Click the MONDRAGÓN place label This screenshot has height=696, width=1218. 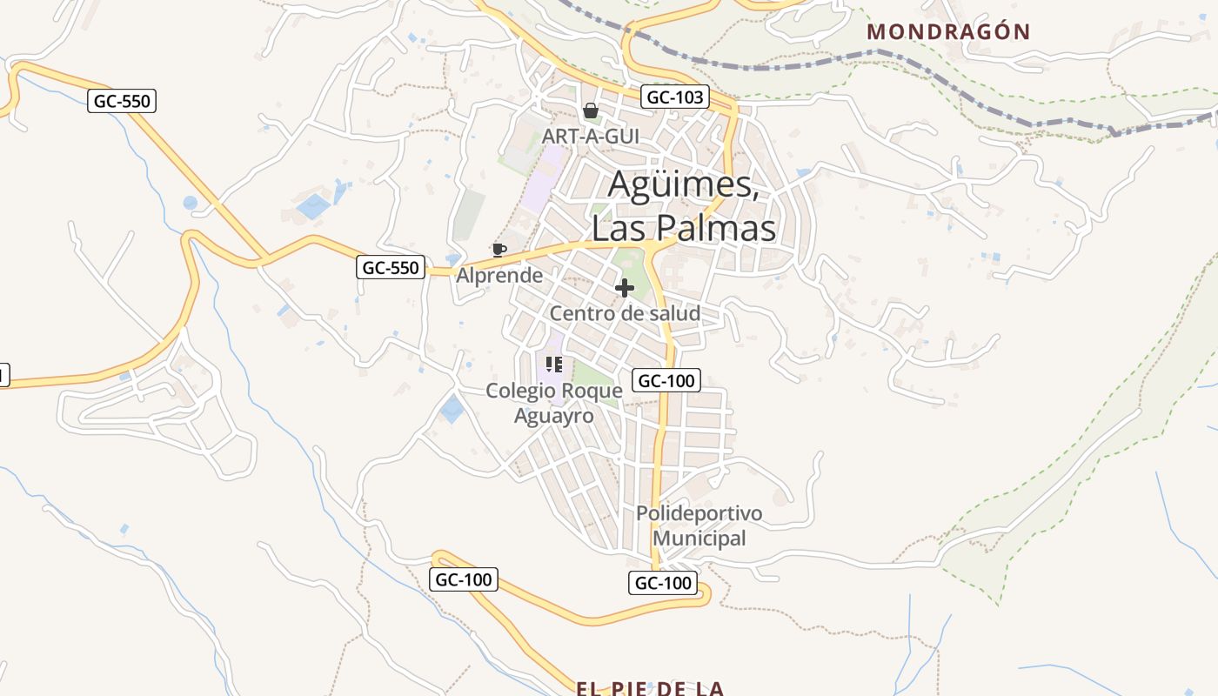point(949,32)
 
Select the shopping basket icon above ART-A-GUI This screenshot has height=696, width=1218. point(591,110)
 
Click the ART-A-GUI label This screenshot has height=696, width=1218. point(591,137)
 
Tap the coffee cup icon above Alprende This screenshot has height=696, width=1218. point(499,250)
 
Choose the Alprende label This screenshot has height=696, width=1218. point(499,276)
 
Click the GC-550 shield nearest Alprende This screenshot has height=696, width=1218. point(391,267)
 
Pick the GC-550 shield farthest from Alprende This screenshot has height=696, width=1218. point(122,101)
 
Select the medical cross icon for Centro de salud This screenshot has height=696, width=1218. point(625,288)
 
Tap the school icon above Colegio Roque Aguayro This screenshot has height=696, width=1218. point(554,365)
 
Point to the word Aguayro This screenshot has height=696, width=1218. point(554,416)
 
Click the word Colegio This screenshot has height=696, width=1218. point(520,391)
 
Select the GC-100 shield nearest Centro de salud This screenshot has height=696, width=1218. point(666,380)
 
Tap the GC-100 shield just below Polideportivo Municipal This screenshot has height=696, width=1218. point(663,583)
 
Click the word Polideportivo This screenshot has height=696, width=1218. point(699,513)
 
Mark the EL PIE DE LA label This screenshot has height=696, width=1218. point(649,688)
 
